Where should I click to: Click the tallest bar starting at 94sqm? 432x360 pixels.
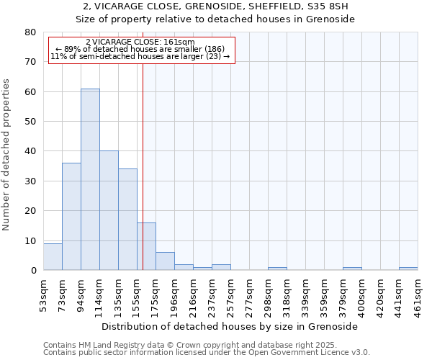click(90, 179)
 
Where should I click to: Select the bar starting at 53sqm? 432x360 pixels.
click(53, 257)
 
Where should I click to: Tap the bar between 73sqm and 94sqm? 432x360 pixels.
click(71, 217)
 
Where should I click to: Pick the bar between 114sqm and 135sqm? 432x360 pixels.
click(109, 210)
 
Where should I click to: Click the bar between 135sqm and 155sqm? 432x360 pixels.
click(127, 220)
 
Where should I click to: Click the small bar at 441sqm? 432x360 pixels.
click(408, 269)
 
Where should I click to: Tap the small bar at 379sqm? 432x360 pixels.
click(352, 269)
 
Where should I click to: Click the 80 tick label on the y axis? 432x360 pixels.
click(30, 32)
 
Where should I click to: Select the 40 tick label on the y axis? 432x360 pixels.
click(30, 151)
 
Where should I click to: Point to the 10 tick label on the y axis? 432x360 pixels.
click(30, 240)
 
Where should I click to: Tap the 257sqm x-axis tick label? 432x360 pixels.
click(231, 294)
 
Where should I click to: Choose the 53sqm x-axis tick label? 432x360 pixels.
click(44, 294)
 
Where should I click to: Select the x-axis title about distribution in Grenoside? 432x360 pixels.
click(230, 326)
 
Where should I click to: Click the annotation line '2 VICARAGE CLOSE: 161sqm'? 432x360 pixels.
click(140, 42)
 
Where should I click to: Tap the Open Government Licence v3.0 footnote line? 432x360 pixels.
click(206, 353)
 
